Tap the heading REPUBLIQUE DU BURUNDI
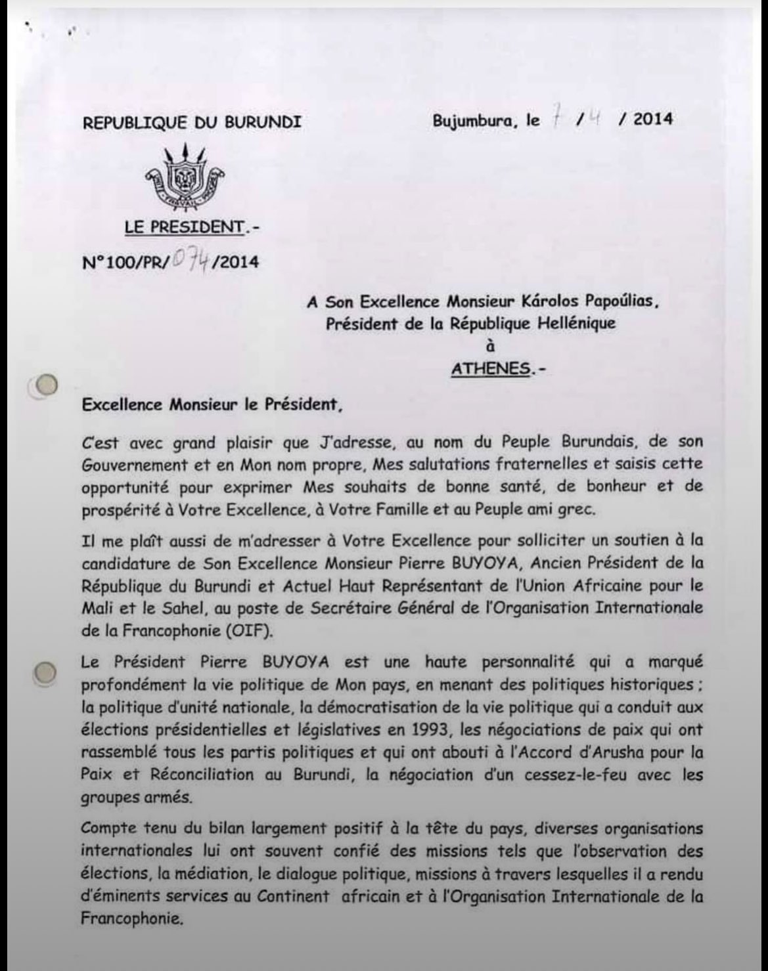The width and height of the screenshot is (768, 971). coord(192,122)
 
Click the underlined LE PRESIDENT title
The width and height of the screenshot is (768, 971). coord(183,227)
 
